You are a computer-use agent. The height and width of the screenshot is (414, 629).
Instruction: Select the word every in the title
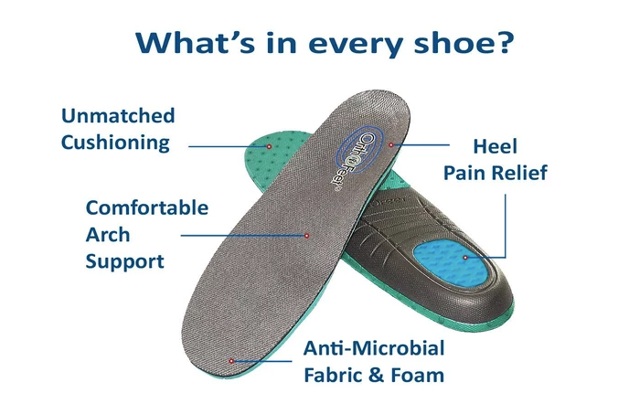(x=352, y=43)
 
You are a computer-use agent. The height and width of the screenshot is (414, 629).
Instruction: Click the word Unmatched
(x=118, y=116)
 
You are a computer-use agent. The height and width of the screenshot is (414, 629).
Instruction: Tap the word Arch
(x=107, y=234)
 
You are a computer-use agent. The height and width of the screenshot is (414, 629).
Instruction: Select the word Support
(x=124, y=261)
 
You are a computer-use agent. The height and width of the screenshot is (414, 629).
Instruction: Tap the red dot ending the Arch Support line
(x=307, y=235)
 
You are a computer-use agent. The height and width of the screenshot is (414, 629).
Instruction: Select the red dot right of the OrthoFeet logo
(x=390, y=143)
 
